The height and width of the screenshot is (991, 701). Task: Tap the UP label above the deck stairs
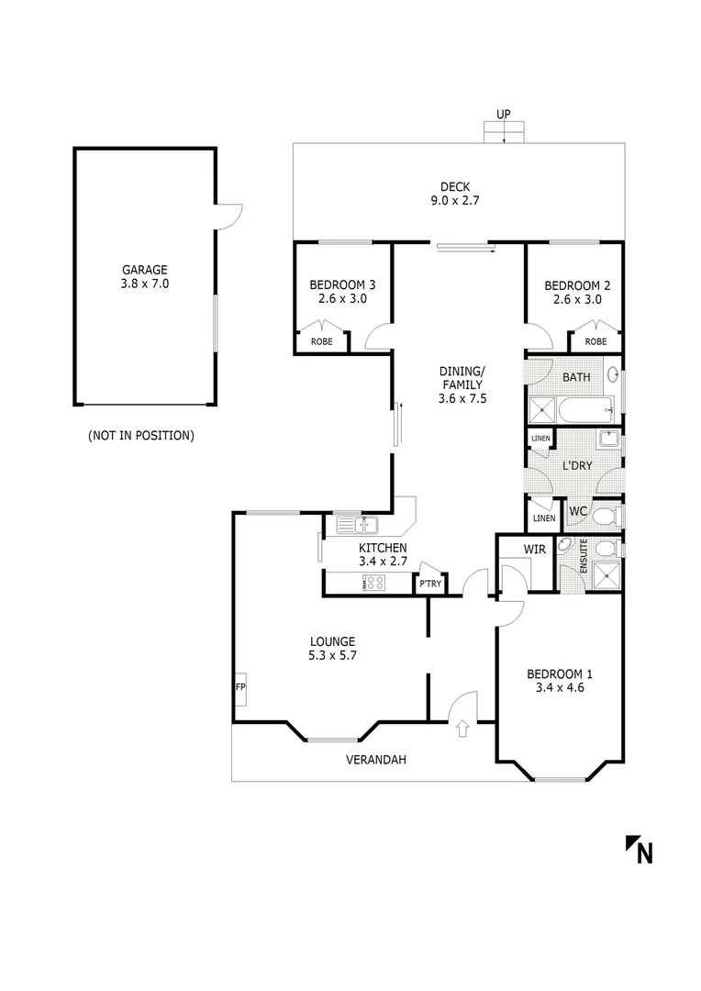coord(504,114)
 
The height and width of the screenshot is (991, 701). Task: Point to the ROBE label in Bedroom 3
coord(321,341)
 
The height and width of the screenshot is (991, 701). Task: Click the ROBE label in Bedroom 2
coord(595,341)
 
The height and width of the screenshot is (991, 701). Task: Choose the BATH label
coord(576,377)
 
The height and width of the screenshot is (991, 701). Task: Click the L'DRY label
coord(577,465)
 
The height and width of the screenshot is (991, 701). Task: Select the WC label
coord(578,510)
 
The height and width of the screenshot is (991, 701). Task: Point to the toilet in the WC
coord(605,518)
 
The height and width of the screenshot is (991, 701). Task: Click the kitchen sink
coord(359,526)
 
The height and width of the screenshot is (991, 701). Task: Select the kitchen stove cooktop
coord(374,582)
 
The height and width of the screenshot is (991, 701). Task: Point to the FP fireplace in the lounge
coord(240,686)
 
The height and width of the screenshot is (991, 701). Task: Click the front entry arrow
coord(462,729)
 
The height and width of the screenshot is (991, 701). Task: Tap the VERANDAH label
coord(375,760)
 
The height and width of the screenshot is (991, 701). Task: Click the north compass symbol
coord(640,851)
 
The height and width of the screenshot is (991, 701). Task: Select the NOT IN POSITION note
coord(141,435)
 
